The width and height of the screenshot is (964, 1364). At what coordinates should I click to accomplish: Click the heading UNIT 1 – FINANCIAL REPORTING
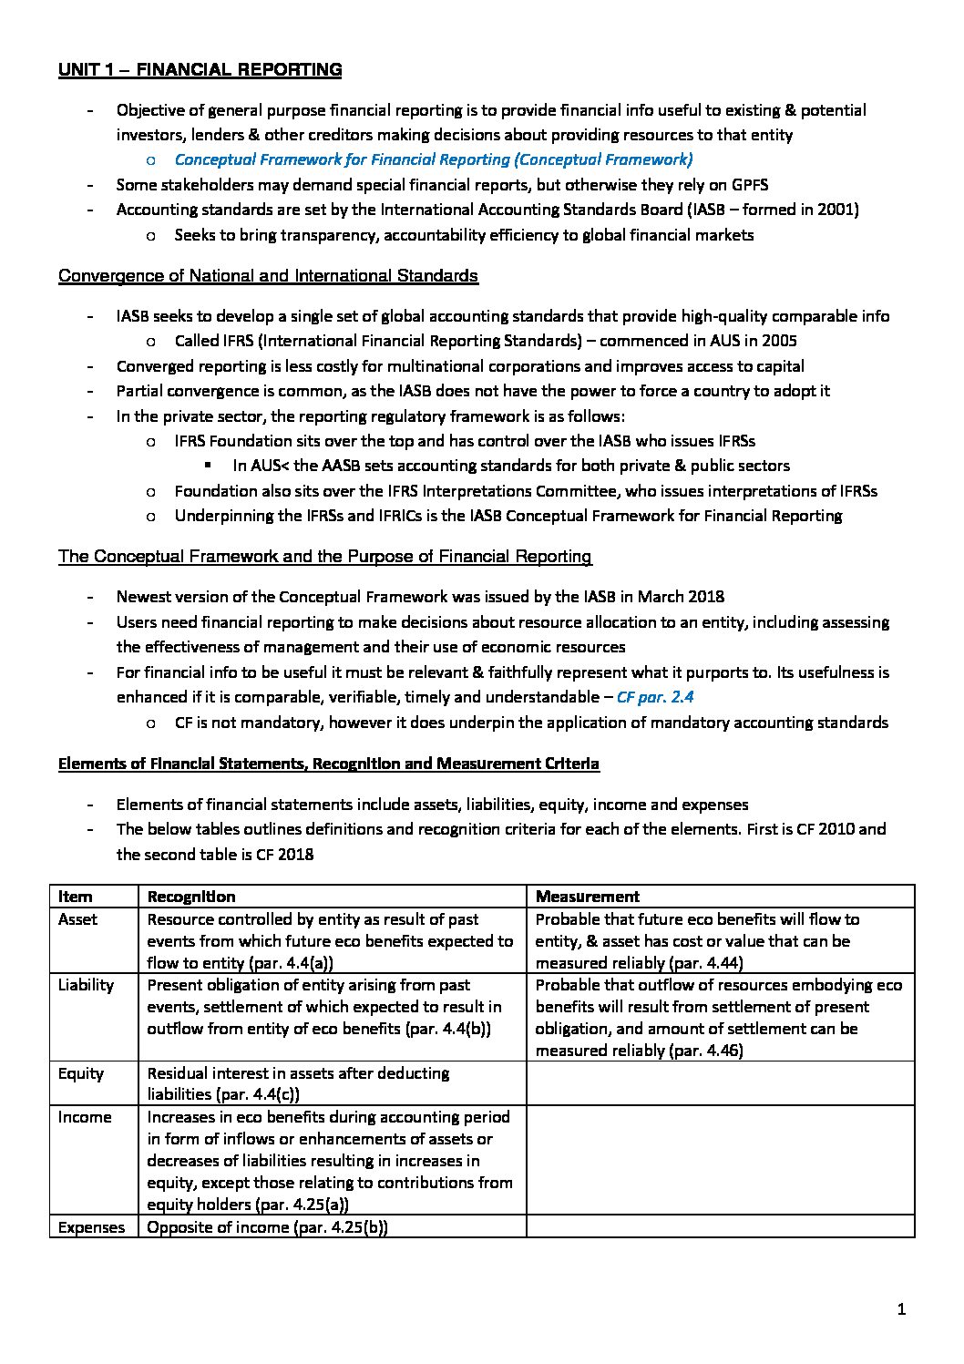pyautogui.click(x=200, y=70)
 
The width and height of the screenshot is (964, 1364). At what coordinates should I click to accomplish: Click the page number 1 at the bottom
pyautogui.click(x=901, y=1310)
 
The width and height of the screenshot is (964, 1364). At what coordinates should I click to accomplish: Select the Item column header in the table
pyautogui.click(x=76, y=897)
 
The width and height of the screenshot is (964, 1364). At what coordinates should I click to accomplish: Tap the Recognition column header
pyautogui.click(x=191, y=897)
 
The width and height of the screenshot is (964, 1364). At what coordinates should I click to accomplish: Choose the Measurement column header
pyautogui.click(x=587, y=897)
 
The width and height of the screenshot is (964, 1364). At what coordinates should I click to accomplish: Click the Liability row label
pyautogui.click(x=86, y=985)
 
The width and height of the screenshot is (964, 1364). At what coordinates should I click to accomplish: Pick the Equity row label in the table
pyautogui.click(x=80, y=1073)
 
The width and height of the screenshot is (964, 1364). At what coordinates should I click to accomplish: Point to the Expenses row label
pyautogui.click(x=91, y=1227)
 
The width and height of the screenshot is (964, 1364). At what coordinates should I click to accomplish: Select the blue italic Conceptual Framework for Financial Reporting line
pyautogui.click(x=433, y=159)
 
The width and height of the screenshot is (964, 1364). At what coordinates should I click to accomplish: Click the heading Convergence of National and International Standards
pyautogui.click(x=268, y=276)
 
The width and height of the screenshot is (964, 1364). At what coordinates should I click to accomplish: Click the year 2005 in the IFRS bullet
pyautogui.click(x=778, y=342)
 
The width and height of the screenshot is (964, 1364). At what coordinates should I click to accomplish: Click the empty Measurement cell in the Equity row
pyautogui.click(x=720, y=1083)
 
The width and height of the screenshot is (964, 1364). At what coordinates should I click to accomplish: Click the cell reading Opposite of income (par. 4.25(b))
pyautogui.click(x=267, y=1227)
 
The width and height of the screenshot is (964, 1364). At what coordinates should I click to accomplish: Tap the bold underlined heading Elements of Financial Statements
pyautogui.click(x=328, y=764)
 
